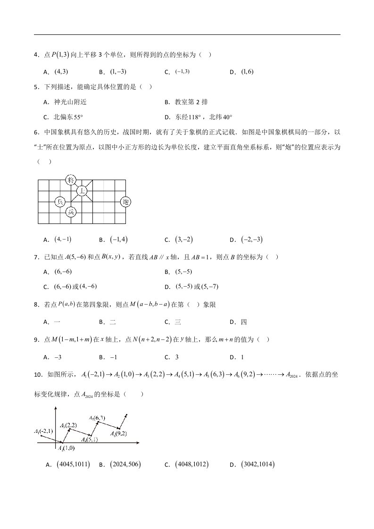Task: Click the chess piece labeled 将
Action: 71,180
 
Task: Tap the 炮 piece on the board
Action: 125,202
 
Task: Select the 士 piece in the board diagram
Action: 82,191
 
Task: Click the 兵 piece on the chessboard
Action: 71,213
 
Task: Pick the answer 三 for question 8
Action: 178,322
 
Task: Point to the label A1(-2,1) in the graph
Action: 43,431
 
